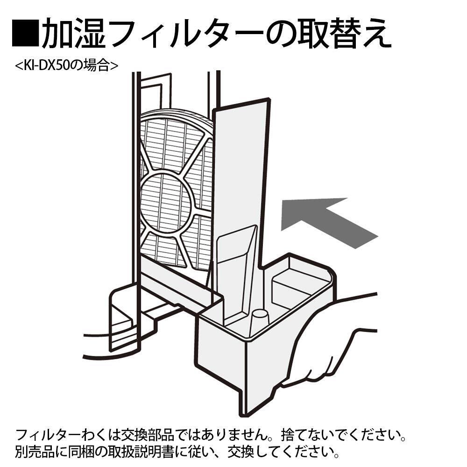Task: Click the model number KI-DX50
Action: tap(49, 65)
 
